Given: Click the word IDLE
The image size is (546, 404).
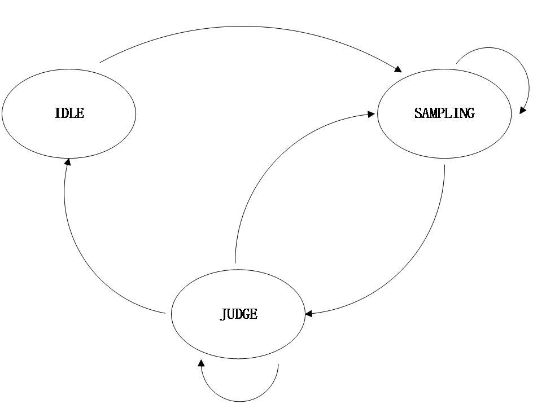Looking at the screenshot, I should point(69,113).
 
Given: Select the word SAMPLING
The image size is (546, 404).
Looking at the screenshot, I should point(444,113).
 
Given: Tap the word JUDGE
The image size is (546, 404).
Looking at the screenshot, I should point(239,314).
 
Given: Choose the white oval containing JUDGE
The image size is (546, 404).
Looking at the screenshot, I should point(238,339).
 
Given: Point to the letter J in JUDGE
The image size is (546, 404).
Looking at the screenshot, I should point(223,314).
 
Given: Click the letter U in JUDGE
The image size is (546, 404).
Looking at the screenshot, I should point(230,314).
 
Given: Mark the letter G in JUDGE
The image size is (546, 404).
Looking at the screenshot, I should point(246,314).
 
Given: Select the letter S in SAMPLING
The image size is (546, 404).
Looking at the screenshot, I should point(418,113).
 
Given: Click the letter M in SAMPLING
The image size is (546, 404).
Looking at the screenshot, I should point(433,113).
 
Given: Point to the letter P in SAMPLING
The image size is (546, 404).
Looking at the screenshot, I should point(441,113).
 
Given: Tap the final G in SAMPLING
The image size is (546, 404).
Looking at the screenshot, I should point(470,113).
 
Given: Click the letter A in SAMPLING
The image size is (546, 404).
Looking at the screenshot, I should point(425,113).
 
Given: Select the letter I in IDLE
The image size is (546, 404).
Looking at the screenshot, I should point(56,113).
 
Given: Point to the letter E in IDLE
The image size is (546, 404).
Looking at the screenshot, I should point(80,113).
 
